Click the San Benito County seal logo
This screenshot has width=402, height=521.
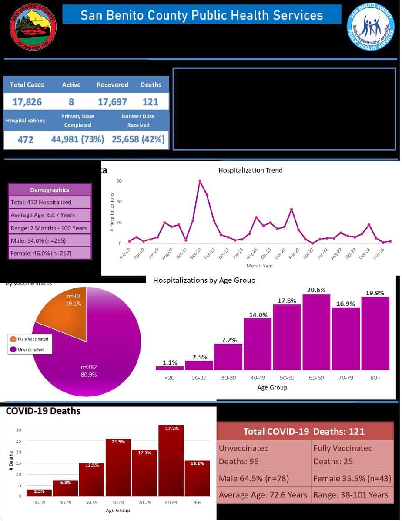pyautogui.click(x=33, y=27)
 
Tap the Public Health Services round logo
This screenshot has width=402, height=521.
pyautogui.click(x=370, y=27)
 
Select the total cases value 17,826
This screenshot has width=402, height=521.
pyautogui.click(x=27, y=102)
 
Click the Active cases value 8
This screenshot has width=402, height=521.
pyautogui.click(x=71, y=102)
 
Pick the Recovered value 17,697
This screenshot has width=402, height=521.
pyautogui.click(x=112, y=102)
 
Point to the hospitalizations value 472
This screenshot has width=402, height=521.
pyautogui.click(x=25, y=140)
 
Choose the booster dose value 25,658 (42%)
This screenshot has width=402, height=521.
pyautogui.click(x=139, y=139)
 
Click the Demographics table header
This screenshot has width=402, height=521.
pyautogui.click(x=50, y=190)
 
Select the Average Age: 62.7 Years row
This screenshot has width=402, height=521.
pyautogui.click(x=50, y=215)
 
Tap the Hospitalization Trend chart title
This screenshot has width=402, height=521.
pyautogui.click(x=250, y=170)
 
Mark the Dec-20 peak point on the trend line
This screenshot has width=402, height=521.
pyautogui.click(x=200, y=181)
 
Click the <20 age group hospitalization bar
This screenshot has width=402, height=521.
pyautogui.click(x=170, y=368)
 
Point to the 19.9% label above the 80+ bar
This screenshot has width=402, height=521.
pyautogui.click(x=375, y=293)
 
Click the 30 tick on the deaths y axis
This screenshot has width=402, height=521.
pyautogui.click(x=19, y=430)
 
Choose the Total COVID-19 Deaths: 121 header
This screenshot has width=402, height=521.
pyautogui.click(x=304, y=431)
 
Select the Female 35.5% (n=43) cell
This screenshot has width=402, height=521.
pyautogui.click(x=352, y=479)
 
